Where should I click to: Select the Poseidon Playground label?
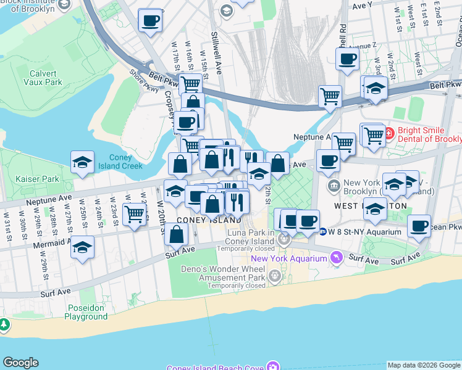86,312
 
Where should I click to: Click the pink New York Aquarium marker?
336,257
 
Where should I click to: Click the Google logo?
20,363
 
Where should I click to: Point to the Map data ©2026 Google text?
424,365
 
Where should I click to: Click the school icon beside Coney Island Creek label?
83,163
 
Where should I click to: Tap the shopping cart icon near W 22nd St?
134,214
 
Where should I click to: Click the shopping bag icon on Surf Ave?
177,234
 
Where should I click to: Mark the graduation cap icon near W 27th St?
83,248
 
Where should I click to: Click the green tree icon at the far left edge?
4,324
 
